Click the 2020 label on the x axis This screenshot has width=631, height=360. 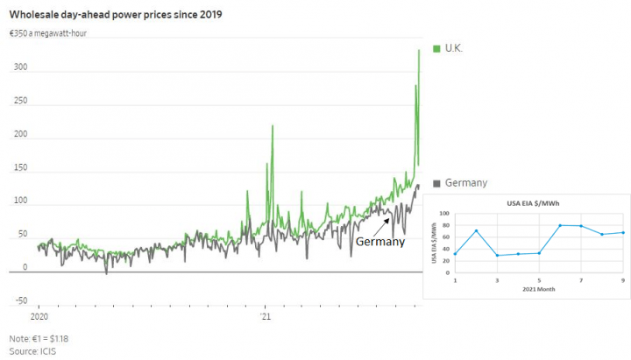tap(39, 315)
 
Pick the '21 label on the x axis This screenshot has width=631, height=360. tap(266, 315)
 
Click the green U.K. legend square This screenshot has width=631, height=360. tap(436, 47)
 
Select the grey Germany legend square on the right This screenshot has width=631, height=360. tap(436, 183)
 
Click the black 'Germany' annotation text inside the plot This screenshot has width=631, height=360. tap(379, 242)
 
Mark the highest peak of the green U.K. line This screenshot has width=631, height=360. tap(419, 51)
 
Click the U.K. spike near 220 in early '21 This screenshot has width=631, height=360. tap(273, 126)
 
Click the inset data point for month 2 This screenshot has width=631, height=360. tap(476, 231)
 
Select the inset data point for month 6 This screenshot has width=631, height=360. tap(559, 225)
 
